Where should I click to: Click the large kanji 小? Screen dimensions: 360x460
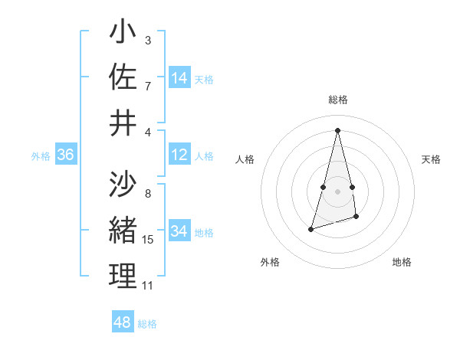(123, 34)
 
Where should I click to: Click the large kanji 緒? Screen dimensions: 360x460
(123, 231)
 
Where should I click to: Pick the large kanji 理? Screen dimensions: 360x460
(123, 276)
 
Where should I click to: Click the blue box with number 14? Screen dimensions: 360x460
(179, 78)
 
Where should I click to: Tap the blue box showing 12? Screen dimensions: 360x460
(179, 155)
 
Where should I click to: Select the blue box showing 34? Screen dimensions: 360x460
(179, 232)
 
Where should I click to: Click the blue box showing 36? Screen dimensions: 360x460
(65, 155)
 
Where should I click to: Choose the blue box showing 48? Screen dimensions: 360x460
(123, 322)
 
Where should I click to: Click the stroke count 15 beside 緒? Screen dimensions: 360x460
(148, 240)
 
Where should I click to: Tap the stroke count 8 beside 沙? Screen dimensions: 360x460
(147, 194)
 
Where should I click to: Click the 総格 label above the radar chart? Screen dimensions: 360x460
(338, 100)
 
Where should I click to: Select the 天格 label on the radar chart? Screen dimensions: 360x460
(431, 159)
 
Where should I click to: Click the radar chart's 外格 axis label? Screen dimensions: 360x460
(269, 262)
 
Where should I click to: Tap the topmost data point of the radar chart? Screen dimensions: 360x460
(338, 129)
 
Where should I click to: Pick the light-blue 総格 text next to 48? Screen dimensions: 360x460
(147, 324)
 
